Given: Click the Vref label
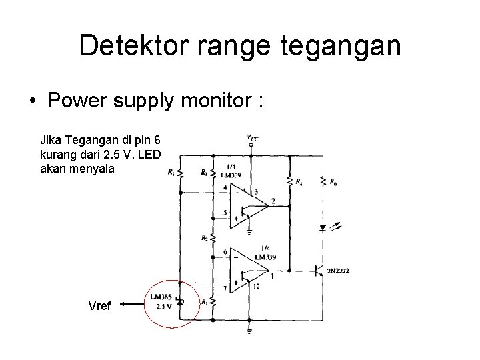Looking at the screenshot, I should pos(102,307).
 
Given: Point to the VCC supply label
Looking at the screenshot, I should pos(252,138).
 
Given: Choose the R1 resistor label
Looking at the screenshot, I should pos(203,301).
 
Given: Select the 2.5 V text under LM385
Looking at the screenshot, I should pos(163,307).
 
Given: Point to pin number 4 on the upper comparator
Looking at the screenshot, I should pos(225,188).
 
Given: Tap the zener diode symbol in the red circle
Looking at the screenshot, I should pos(180,304).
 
